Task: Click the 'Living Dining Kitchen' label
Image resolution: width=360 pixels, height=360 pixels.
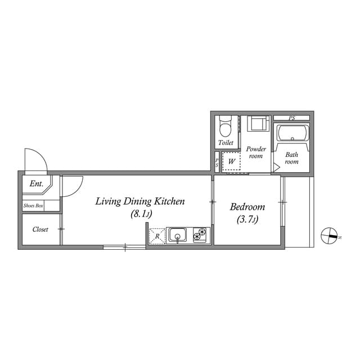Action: [140, 201]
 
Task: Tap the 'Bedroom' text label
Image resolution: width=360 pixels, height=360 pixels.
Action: [247, 207]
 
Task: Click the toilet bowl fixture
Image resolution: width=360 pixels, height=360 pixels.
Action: [226, 128]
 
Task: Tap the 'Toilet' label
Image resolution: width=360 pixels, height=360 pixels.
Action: [226, 143]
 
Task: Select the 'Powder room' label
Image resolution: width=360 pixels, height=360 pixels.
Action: [256, 152]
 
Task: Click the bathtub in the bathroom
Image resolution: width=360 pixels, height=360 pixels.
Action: [292, 135]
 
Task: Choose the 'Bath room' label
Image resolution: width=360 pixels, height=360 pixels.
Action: [291, 158]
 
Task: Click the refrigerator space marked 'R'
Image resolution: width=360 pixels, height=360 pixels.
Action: [157, 236]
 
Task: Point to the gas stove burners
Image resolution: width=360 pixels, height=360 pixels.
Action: [200, 236]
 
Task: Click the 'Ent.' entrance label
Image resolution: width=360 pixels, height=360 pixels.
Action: [37, 184]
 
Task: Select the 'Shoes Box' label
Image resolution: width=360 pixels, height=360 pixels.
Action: [33, 206]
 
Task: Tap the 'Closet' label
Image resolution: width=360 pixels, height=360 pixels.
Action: [40, 229]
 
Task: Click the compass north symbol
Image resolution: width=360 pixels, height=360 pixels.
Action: [329, 235]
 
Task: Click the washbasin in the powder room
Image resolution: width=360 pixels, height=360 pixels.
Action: [258, 123]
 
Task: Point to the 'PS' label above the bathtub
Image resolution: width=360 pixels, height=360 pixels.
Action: [291, 118]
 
